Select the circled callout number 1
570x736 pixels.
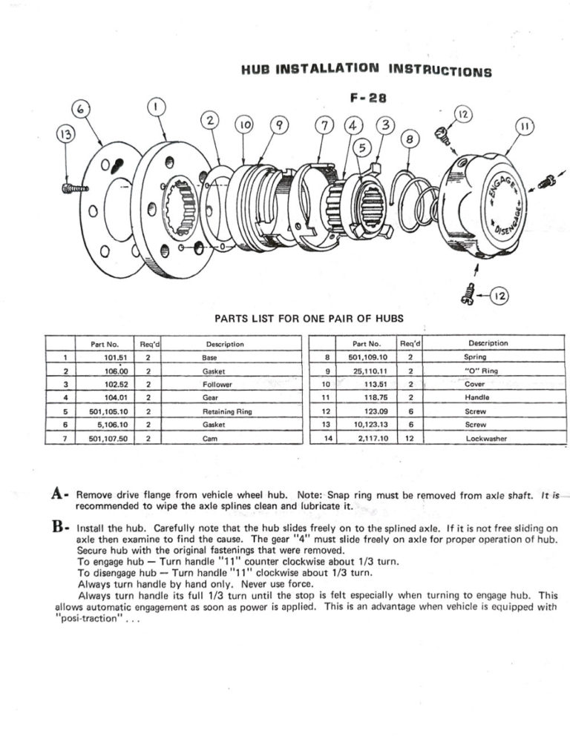click(155, 108)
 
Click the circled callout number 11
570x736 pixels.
click(524, 128)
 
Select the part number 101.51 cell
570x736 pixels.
click(112, 357)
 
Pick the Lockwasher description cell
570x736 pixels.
click(488, 439)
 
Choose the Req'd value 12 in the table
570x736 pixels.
click(410, 439)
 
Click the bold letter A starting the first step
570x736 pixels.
click(62, 494)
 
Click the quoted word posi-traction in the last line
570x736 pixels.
click(93, 618)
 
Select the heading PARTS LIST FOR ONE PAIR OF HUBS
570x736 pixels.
click(309, 319)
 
